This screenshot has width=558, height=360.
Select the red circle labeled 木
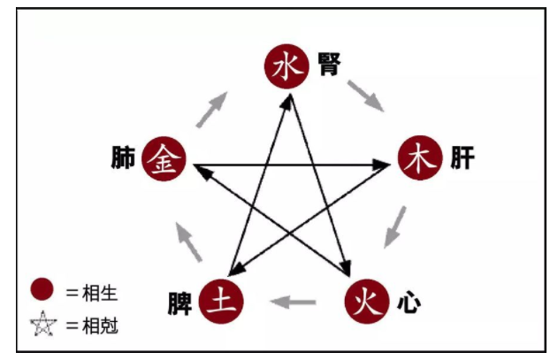(x=419, y=161)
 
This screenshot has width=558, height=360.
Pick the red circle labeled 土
(x=219, y=301)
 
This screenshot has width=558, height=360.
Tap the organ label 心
(x=407, y=303)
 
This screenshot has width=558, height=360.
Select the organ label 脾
(x=180, y=303)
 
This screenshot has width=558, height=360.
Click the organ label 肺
(x=122, y=159)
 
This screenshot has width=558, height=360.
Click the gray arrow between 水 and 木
(x=365, y=96)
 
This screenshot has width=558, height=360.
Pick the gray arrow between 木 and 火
(x=395, y=226)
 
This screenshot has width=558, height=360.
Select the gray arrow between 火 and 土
(x=293, y=302)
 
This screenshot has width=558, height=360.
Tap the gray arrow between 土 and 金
(x=188, y=241)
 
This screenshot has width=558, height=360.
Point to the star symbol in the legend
(x=42, y=324)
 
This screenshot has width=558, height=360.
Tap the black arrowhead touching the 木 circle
(x=384, y=164)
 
